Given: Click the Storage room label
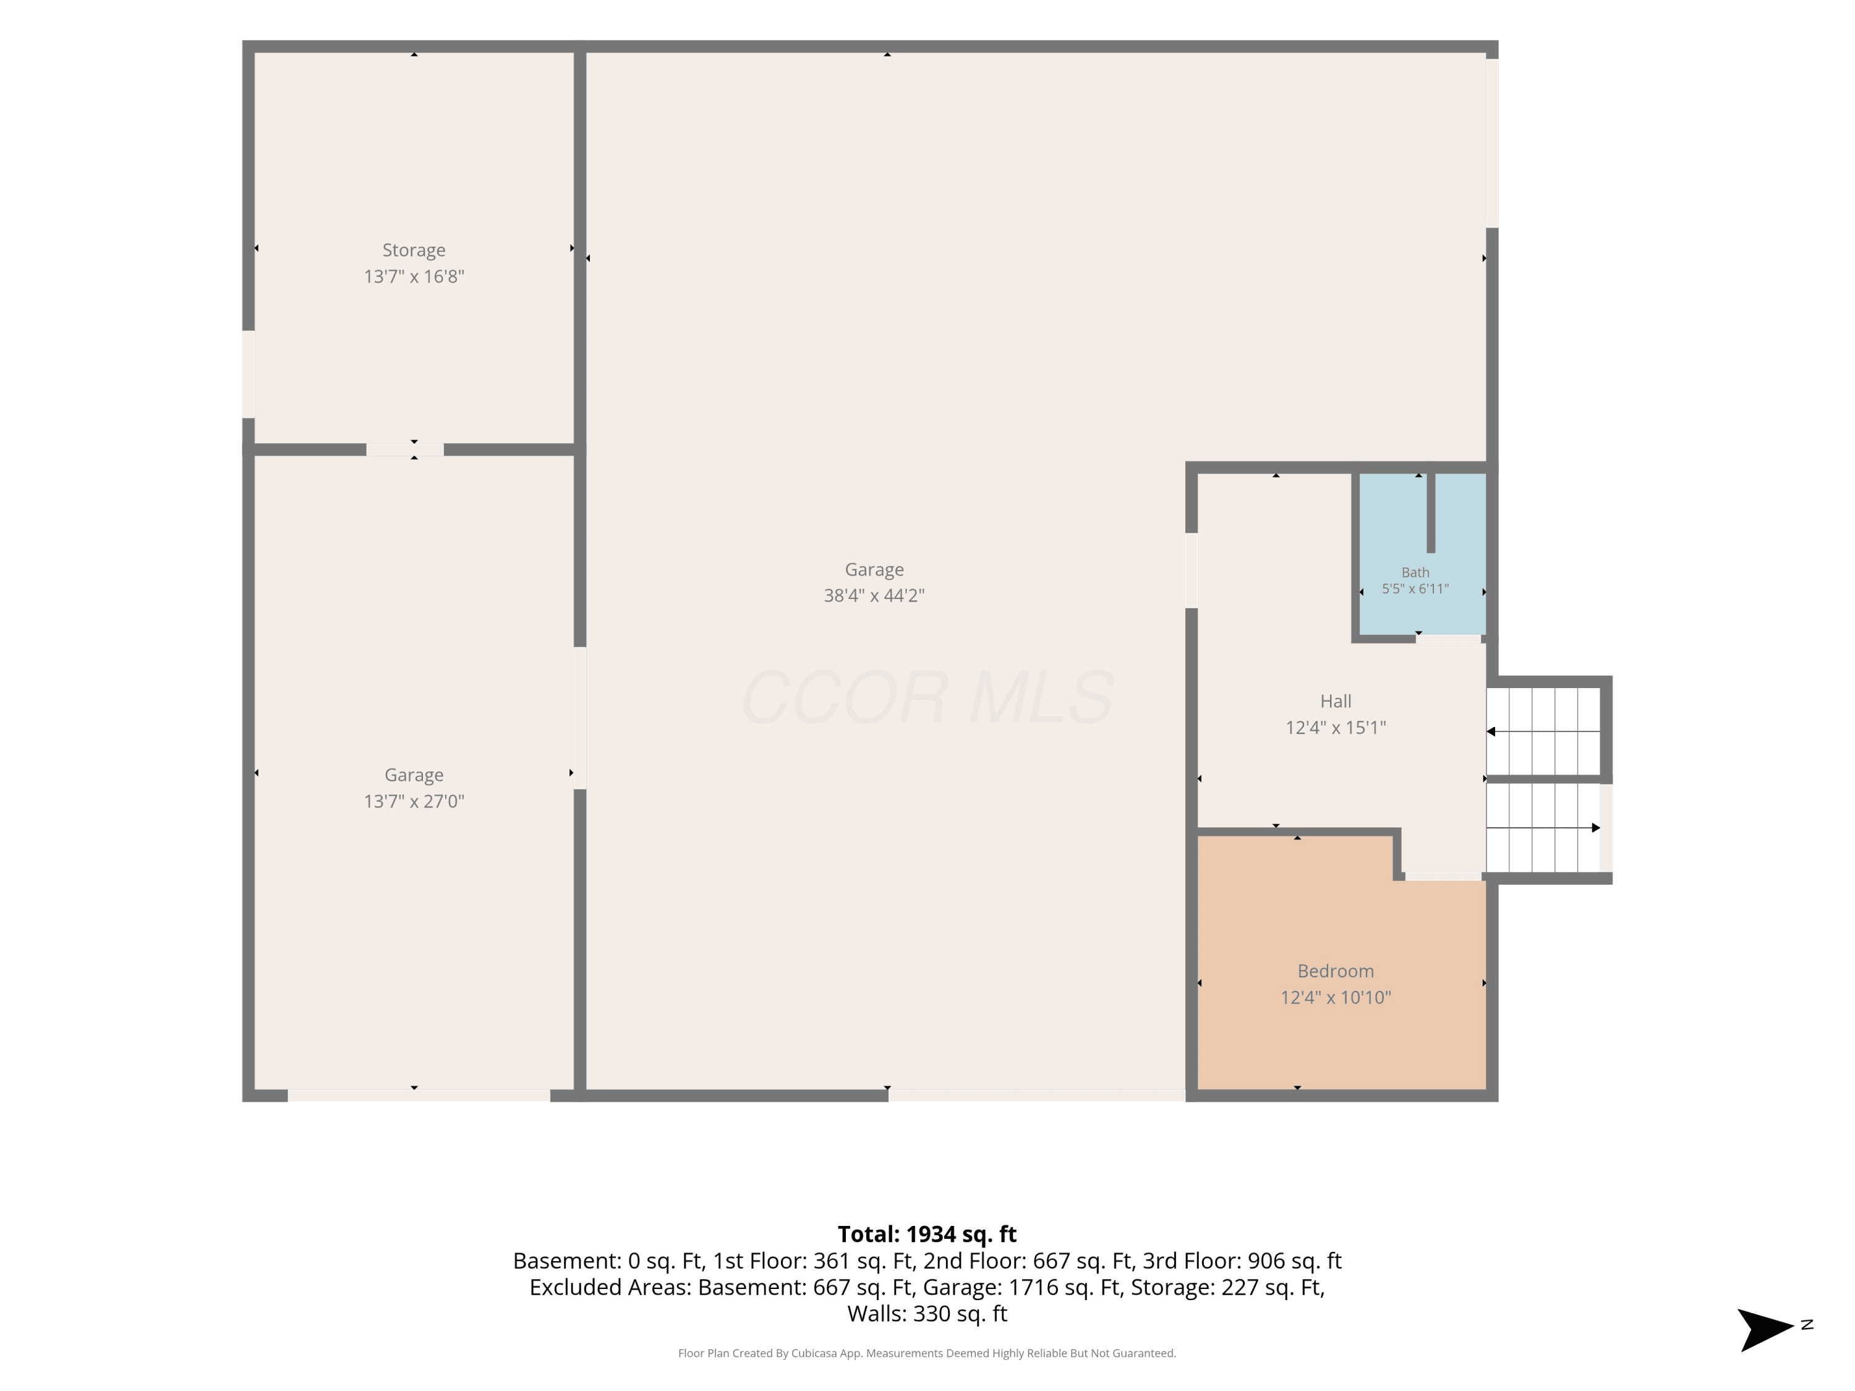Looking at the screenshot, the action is (414, 250).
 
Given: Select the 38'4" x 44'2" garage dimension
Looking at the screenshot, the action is (874, 595).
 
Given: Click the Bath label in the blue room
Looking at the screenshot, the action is (1415, 572).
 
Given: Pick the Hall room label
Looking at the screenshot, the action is (1336, 701).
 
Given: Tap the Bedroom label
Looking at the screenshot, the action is (1336, 971).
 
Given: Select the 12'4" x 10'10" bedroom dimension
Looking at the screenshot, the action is (1336, 997).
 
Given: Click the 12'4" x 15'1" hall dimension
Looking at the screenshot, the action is (1336, 727).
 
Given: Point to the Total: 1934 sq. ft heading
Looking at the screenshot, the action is (927, 1234).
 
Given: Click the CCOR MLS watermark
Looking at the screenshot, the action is (927, 697).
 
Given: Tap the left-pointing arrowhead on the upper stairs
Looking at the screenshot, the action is (1491, 731).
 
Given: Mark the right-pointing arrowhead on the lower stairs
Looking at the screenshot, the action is (1596, 828).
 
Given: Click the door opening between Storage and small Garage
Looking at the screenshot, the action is (405, 449).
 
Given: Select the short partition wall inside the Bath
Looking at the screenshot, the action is (1431, 513).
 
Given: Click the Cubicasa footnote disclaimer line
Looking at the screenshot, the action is (927, 1353).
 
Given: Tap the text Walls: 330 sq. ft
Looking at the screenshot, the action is (927, 1313).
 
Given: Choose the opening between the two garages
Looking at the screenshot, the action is (579, 718).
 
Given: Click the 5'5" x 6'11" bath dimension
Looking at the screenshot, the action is (1415, 589).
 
